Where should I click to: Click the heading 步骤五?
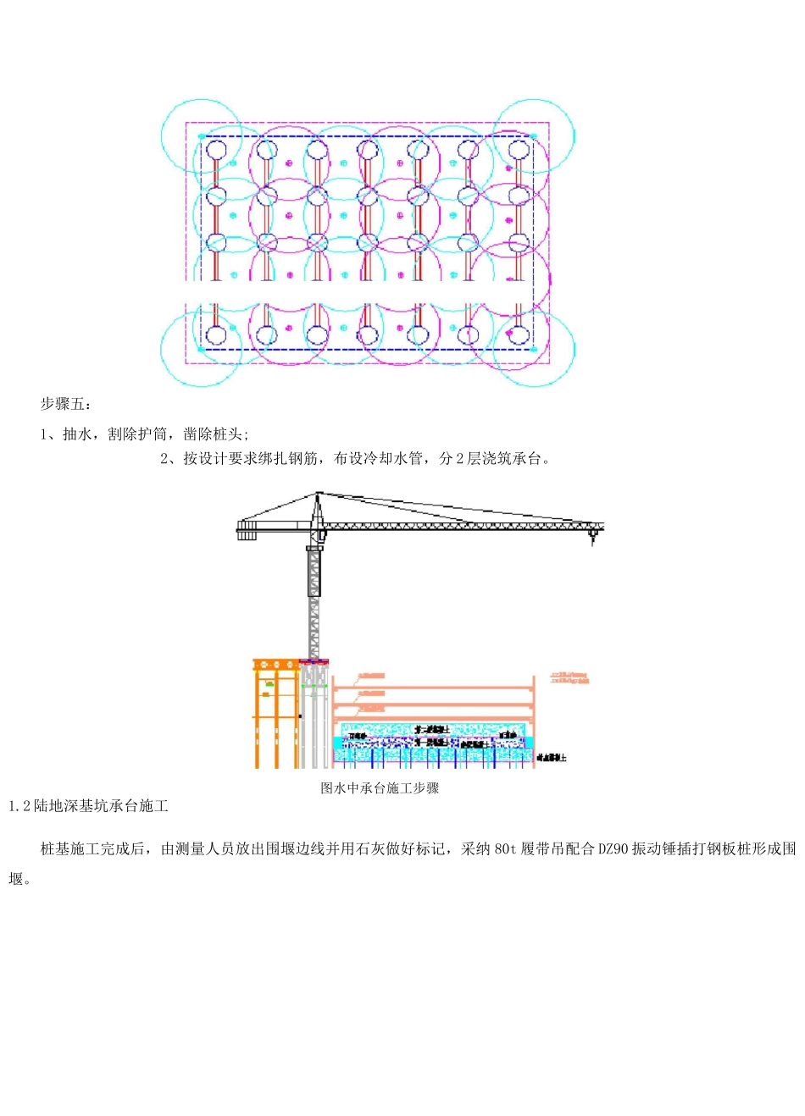click(x=64, y=404)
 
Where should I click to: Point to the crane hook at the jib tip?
click(x=592, y=537)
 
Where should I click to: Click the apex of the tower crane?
click(x=318, y=494)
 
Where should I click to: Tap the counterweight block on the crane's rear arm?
click(x=247, y=531)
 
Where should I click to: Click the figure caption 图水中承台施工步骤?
click(x=380, y=788)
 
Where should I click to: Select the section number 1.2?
click(x=19, y=806)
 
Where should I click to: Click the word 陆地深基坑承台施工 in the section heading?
click(x=101, y=806)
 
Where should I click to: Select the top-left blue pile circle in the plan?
click(x=215, y=151)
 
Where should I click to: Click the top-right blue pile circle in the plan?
click(x=519, y=151)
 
